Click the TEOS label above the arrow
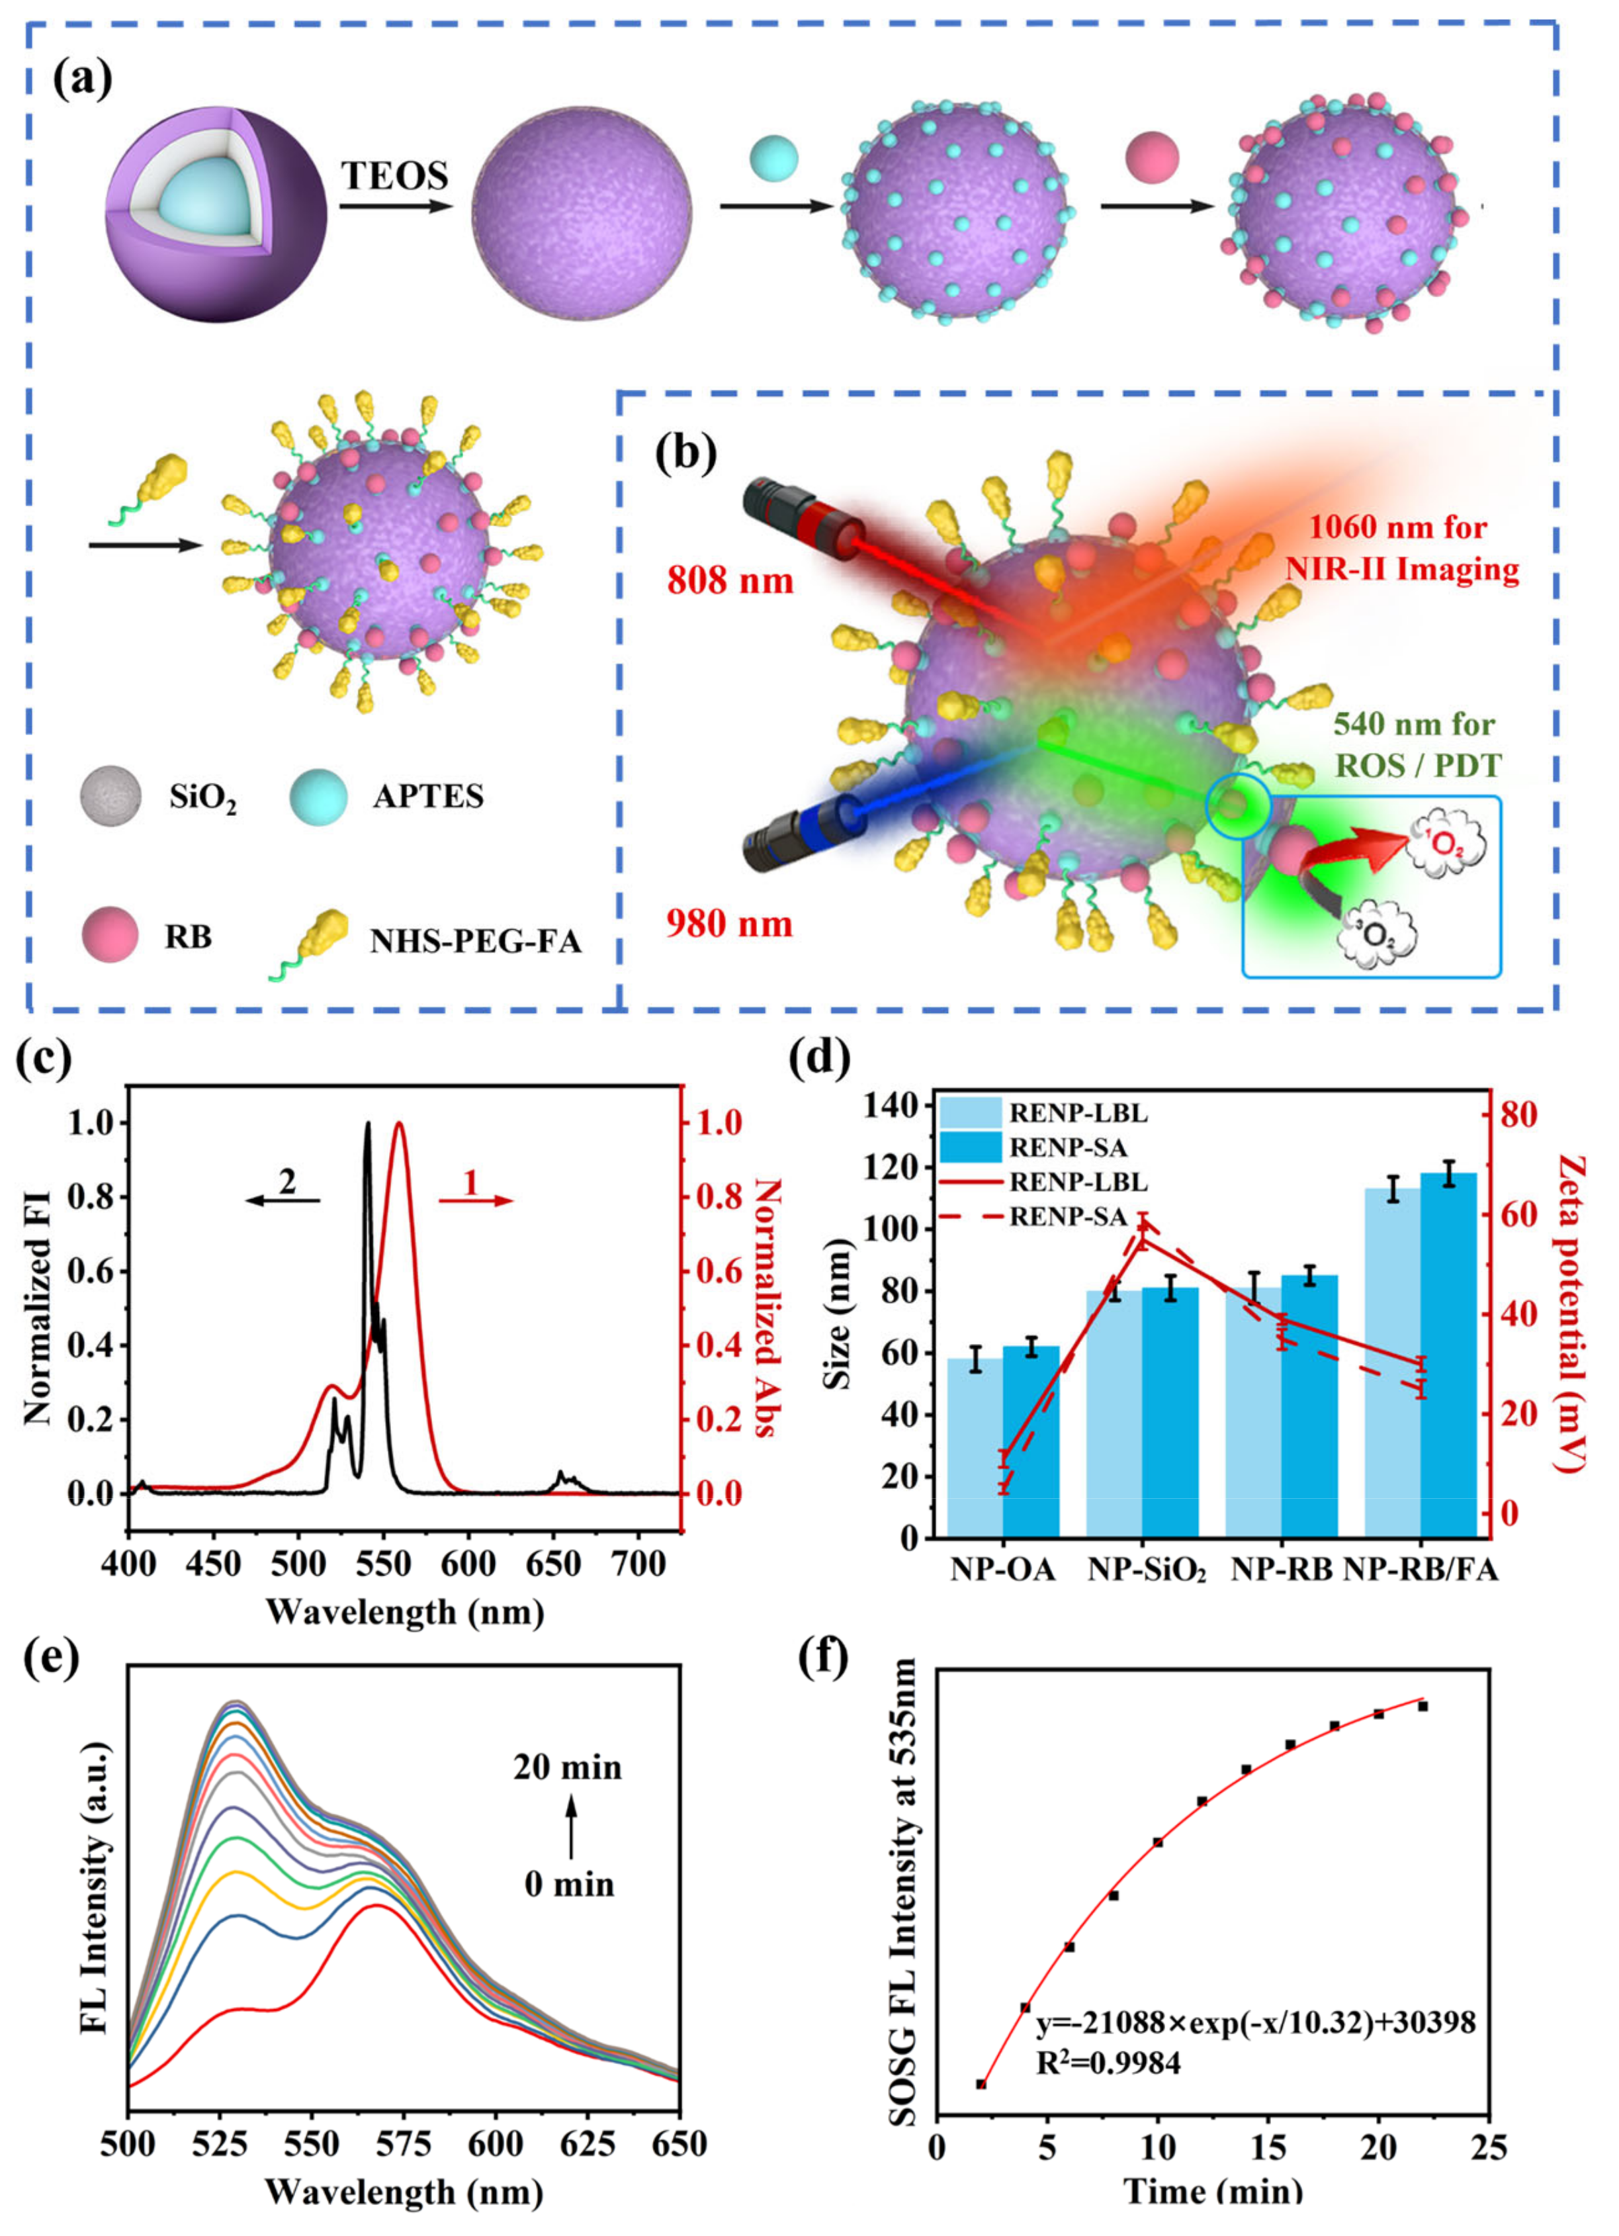(x=394, y=175)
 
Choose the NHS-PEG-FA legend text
(x=475, y=942)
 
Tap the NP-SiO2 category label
(x=1147, y=1570)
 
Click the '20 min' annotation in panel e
(x=567, y=1767)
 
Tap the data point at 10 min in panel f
(x=1158, y=1843)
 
